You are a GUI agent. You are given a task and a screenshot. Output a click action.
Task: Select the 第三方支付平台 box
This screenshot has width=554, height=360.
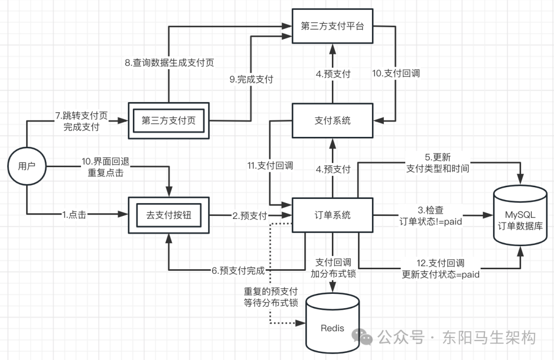332,26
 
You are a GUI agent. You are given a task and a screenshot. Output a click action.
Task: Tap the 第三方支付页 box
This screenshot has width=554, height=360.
168,121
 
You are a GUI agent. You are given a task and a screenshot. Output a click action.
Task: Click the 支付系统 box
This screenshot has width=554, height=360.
332,121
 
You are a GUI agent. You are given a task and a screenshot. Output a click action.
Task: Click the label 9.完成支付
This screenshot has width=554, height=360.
251,79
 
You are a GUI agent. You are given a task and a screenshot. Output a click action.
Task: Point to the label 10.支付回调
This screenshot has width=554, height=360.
396,73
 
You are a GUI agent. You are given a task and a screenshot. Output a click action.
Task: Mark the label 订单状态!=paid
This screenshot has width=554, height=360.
431,222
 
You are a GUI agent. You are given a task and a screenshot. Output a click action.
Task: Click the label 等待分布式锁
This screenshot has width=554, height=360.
271,303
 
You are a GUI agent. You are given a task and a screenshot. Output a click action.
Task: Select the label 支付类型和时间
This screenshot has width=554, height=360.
438,168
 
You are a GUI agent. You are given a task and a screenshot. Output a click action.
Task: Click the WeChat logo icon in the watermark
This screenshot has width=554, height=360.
366,337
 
